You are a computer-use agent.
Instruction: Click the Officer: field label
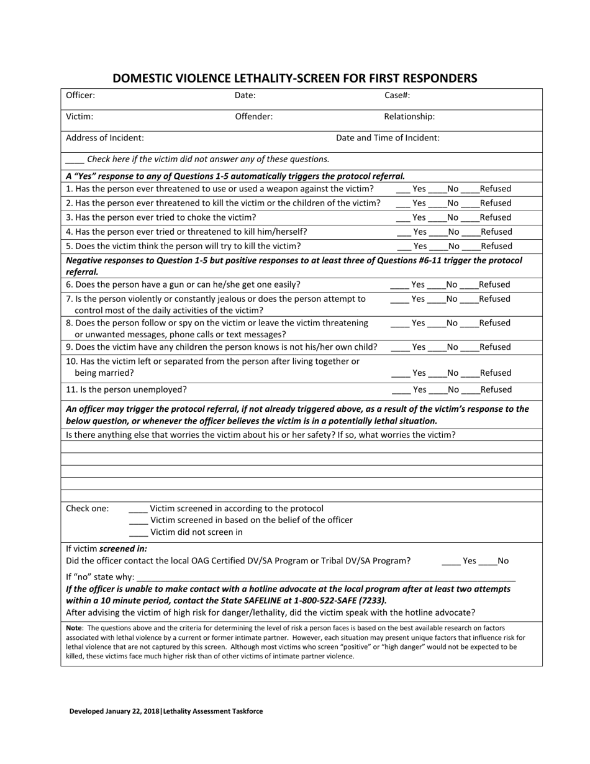81,96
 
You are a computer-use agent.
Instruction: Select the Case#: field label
397,96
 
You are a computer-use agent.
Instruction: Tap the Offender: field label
253,116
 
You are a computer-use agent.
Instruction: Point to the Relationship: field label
409,116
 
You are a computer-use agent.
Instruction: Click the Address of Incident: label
105,138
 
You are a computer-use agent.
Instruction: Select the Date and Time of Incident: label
388,138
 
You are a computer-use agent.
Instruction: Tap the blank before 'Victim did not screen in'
138,533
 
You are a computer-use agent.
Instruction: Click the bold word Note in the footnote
73,628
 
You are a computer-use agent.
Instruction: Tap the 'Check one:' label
88,508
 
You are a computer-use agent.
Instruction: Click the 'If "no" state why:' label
100,577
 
